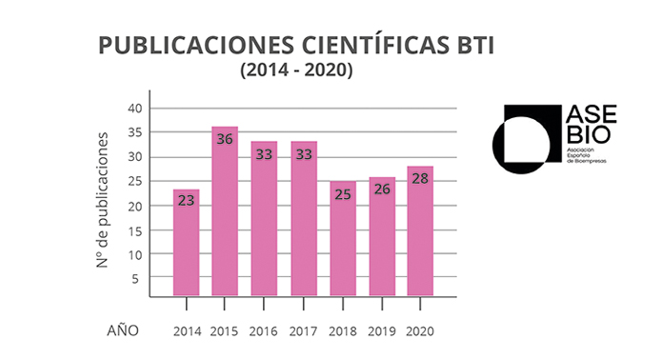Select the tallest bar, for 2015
225,214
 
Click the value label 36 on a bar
225,139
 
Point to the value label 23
187,201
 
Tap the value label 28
420,178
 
